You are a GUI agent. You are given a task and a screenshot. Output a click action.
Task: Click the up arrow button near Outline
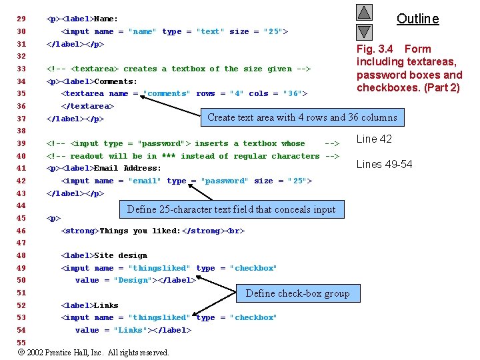pos(364,13)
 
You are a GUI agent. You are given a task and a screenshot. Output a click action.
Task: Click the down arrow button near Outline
pos(364,31)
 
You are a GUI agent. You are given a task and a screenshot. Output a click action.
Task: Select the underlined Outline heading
pos(417,19)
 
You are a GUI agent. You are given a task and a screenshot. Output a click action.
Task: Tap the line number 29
pos(21,19)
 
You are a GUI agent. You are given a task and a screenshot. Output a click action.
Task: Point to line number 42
pos(21,181)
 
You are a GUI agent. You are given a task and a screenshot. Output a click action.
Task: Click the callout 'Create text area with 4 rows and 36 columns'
pos(302,117)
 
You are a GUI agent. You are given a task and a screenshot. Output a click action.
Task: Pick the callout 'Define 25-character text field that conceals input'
pos(231,209)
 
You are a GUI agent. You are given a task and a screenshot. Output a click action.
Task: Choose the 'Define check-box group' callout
pos(297,293)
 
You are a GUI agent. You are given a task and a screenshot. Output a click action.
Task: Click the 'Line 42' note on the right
pos(374,139)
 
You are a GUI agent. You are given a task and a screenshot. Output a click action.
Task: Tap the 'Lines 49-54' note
pos(384,164)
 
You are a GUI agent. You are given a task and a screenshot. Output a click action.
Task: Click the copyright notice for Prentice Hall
pos(93,353)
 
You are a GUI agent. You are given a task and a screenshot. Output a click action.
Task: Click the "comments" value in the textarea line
pos(166,94)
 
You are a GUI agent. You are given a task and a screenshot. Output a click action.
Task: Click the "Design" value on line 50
pos(132,281)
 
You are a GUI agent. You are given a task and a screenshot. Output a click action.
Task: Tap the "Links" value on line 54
pos(130,330)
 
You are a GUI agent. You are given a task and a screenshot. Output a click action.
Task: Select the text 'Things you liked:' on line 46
pos(138,231)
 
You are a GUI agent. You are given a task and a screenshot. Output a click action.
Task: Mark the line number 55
pos(21,343)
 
